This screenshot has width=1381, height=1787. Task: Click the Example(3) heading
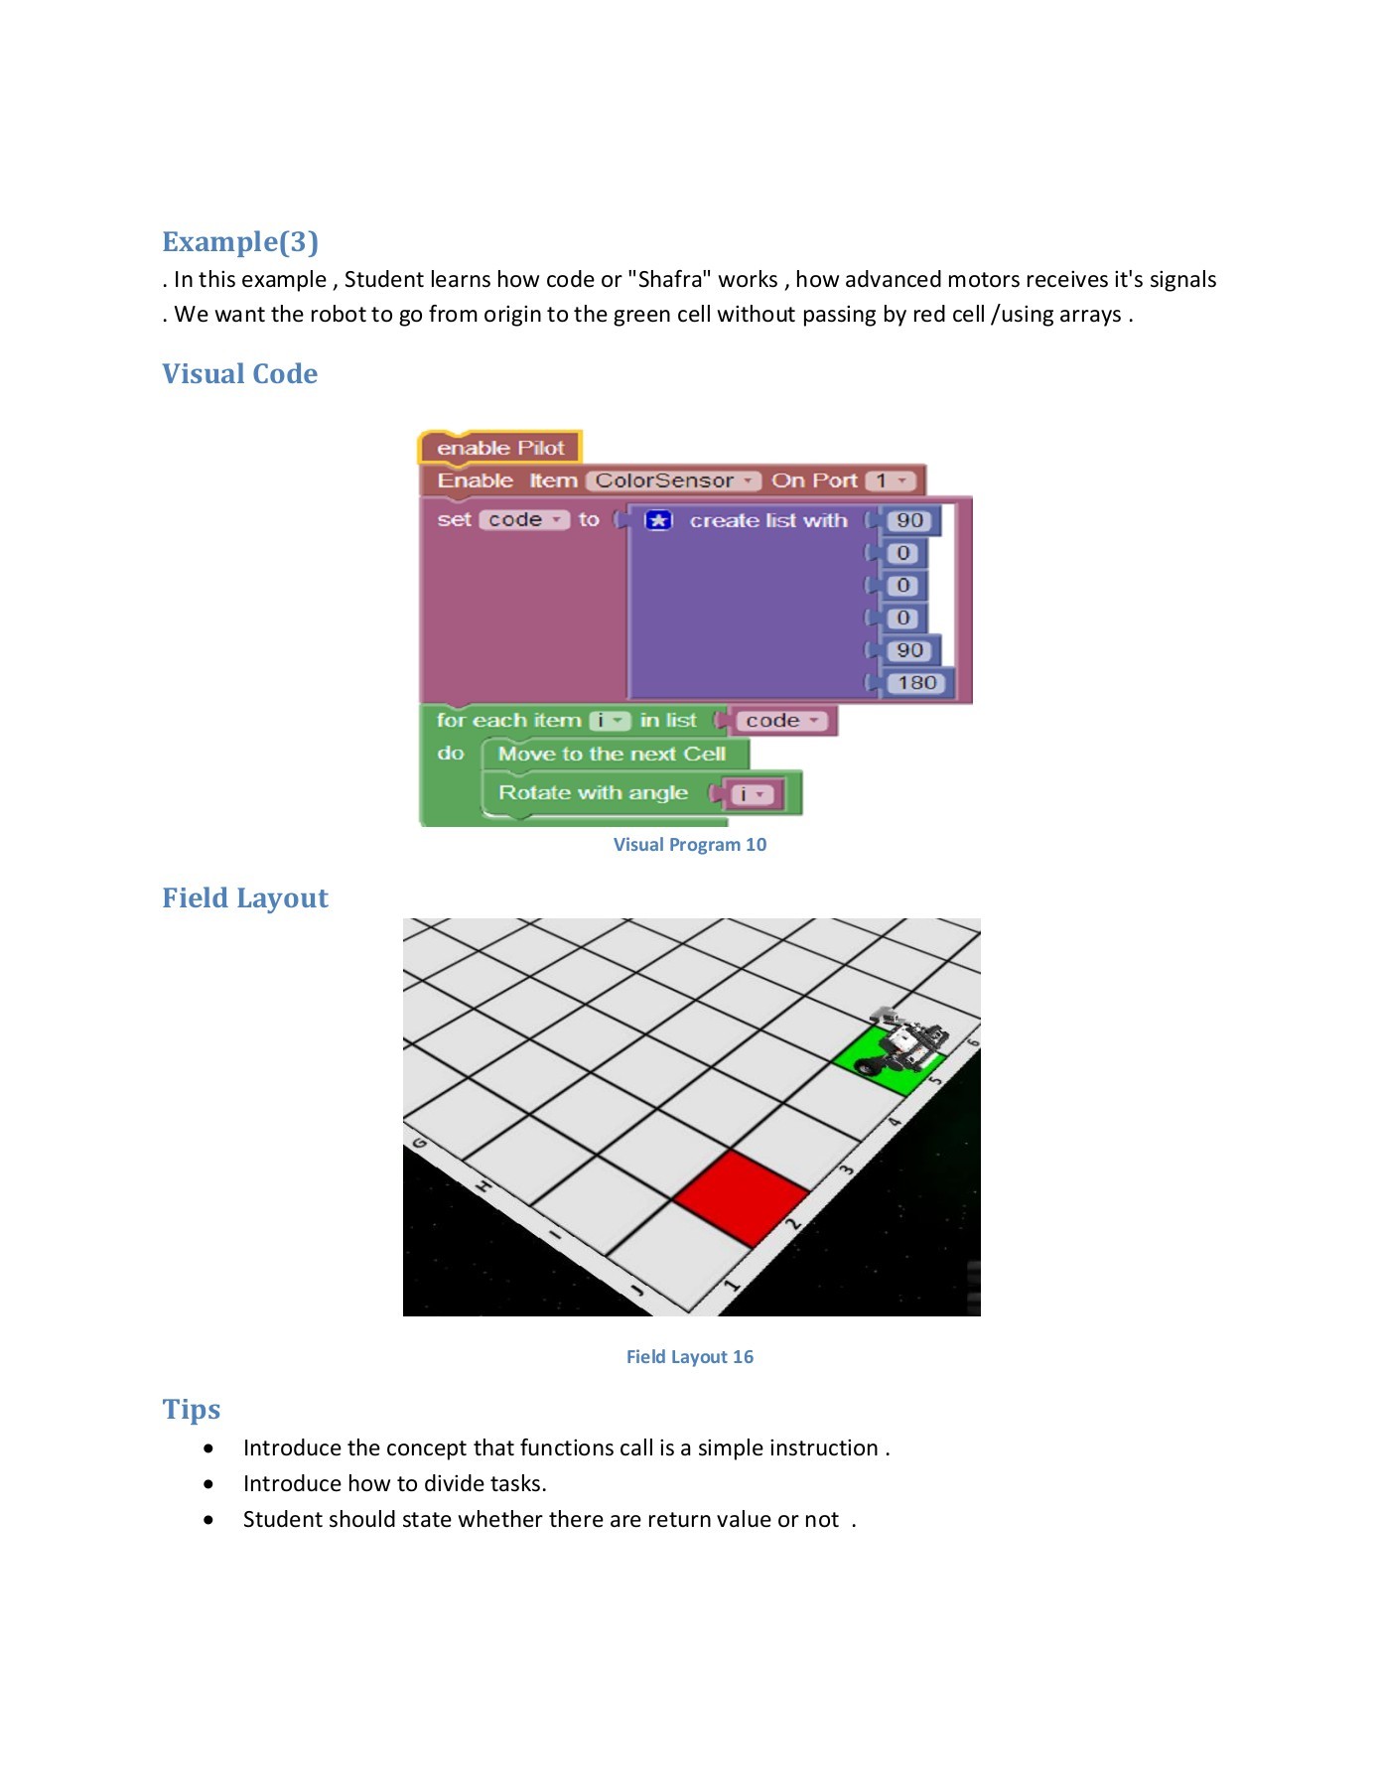coord(240,241)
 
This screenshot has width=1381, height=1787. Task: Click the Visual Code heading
coord(239,373)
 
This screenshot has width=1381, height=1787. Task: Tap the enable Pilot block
coord(499,448)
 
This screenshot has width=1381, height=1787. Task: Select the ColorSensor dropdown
coord(672,481)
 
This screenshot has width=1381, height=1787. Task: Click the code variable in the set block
coord(523,519)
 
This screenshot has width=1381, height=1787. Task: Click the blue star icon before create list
coord(658,520)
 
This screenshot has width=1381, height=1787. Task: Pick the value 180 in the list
coord(915,683)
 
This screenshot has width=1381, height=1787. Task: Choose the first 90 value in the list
coord(908,520)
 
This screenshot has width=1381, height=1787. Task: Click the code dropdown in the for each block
coord(780,721)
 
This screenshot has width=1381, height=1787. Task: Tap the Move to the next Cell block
coord(612,754)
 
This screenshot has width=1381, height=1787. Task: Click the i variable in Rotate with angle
coord(751,794)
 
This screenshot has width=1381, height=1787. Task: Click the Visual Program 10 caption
coord(689,845)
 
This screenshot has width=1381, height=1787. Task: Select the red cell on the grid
coord(741,1196)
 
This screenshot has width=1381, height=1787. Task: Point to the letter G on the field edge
coord(419,1143)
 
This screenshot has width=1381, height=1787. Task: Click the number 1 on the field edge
coord(732,1285)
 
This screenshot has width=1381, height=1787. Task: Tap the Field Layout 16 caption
coord(689,1356)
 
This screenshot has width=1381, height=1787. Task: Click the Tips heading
coord(192,1409)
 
